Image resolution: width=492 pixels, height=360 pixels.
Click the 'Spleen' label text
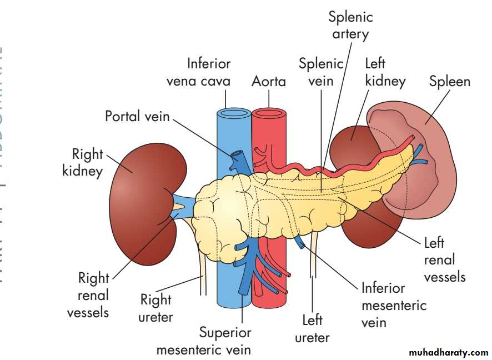click(449, 82)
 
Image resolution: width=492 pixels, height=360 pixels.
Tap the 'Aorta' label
click(269, 82)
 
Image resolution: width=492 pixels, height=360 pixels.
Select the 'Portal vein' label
click(137, 116)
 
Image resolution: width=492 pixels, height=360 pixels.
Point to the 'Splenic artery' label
click(350, 25)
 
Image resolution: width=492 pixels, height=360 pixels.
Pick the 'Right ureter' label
click(156, 308)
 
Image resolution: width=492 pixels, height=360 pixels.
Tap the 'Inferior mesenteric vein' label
click(394, 305)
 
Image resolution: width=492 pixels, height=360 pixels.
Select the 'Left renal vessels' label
click(444, 259)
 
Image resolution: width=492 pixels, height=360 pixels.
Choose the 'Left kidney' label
click(385, 72)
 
